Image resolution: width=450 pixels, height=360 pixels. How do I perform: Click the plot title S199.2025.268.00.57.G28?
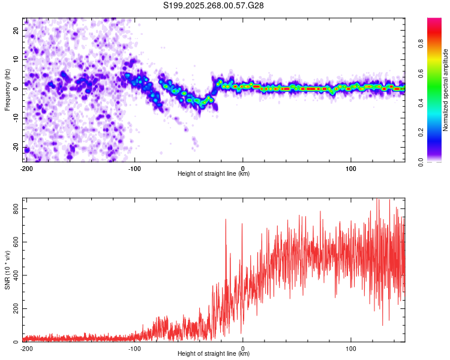tap(214, 5)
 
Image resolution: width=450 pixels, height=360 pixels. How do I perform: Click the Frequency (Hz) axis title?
tap(7, 89)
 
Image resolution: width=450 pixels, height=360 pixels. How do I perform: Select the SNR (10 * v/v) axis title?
tap(7, 271)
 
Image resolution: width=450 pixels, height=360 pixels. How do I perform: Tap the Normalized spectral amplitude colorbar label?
tap(446, 91)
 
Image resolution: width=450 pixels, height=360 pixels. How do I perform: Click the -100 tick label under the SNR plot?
tap(134, 349)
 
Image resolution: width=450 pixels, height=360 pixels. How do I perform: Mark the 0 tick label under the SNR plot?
tap(242, 349)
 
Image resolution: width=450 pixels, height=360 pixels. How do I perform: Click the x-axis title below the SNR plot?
tap(214, 355)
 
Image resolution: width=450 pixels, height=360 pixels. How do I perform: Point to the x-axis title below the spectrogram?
tap(214, 174)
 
